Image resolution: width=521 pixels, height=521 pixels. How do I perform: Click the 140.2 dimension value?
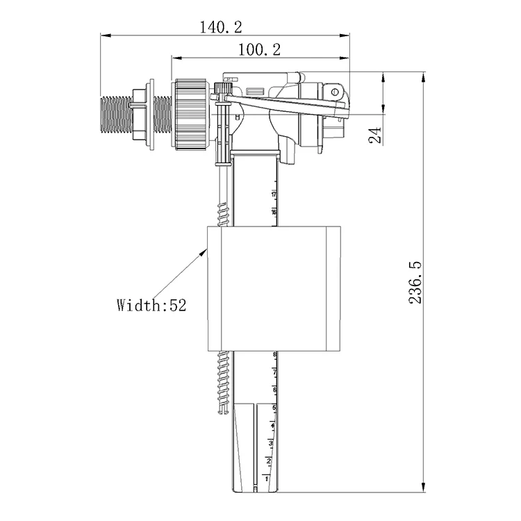tap(221, 27)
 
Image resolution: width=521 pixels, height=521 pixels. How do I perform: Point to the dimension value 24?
tap(376, 135)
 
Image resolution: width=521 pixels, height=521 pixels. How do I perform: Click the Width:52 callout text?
tap(151, 304)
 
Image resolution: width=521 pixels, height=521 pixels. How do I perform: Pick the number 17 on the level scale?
tap(274, 193)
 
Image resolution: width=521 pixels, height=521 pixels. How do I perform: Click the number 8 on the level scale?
tap(274, 356)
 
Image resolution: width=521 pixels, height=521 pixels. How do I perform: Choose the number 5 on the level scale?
tap(274, 408)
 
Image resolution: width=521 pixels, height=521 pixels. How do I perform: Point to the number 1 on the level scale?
tap(267, 479)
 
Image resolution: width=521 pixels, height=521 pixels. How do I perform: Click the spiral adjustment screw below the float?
tap(223, 382)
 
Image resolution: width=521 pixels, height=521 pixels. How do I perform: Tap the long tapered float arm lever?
tap(285, 105)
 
